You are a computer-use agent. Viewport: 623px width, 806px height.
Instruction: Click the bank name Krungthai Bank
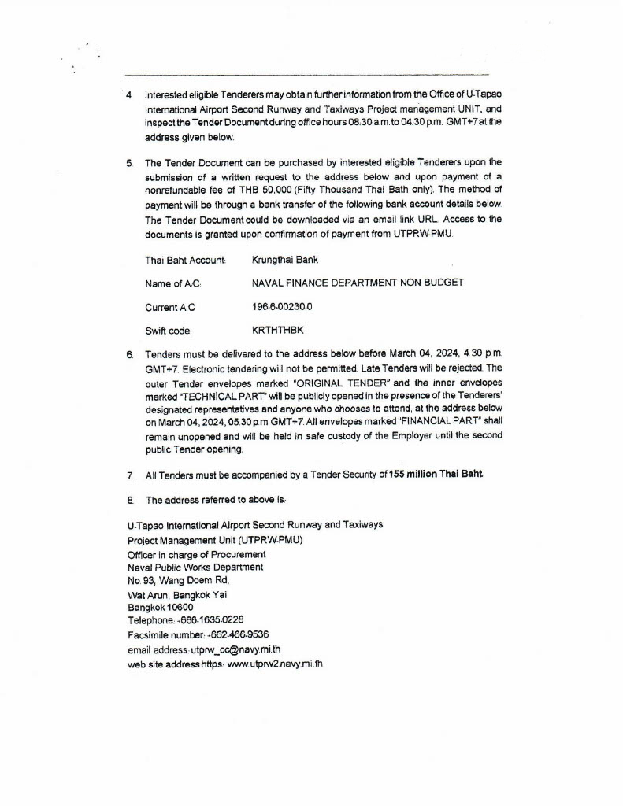point(284,260)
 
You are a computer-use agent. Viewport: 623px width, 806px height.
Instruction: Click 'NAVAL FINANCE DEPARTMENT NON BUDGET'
point(357,283)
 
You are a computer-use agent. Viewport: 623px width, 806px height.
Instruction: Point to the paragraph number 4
point(129,95)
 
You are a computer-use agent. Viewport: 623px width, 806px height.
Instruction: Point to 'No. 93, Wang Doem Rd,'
point(178,580)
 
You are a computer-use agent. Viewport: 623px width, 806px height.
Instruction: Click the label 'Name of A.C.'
point(172,283)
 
